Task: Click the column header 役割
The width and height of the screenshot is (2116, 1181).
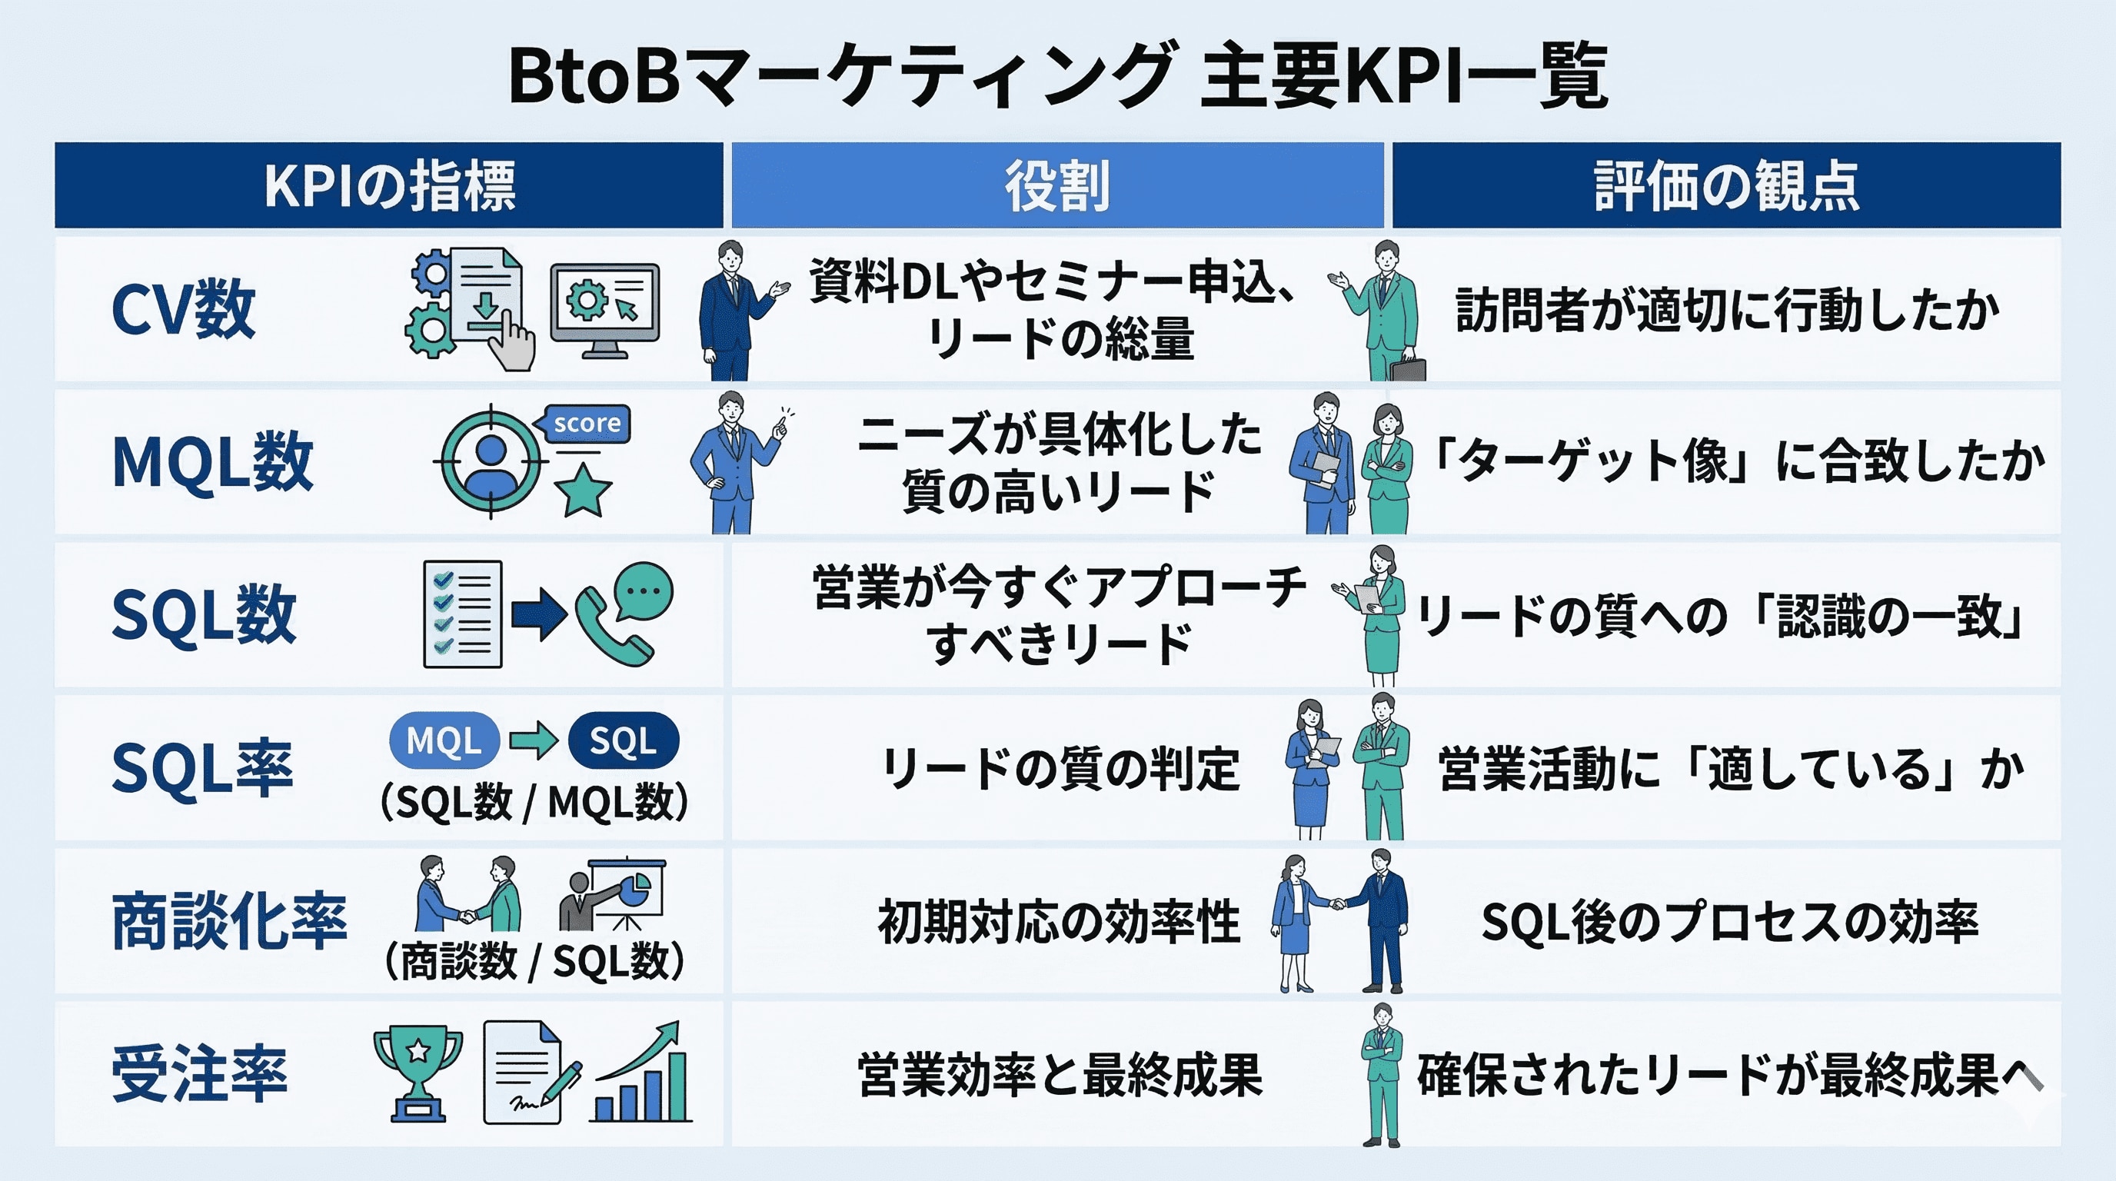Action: (1057, 185)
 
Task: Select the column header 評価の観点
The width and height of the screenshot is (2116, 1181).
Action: (1726, 185)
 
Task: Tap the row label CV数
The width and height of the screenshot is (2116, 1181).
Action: (183, 309)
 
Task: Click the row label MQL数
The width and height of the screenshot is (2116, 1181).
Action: (212, 461)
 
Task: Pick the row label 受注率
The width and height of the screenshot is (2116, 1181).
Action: (200, 1074)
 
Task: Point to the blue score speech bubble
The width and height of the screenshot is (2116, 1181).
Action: (585, 424)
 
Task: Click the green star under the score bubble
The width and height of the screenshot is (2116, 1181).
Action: (582, 491)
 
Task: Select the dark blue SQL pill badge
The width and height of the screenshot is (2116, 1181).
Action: (624, 740)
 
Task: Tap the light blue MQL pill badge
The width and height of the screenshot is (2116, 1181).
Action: (444, 740)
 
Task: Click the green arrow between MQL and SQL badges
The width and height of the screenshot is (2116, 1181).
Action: (534, 740)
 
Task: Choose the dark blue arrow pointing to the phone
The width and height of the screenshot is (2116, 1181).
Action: (538, 614)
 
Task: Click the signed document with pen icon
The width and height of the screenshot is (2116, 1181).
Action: (530, 1073)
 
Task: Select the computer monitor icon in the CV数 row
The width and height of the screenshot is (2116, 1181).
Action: (604, 309)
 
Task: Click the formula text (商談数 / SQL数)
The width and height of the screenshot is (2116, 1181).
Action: (534, 961)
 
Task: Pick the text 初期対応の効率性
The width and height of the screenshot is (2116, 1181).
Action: (1058, 921)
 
